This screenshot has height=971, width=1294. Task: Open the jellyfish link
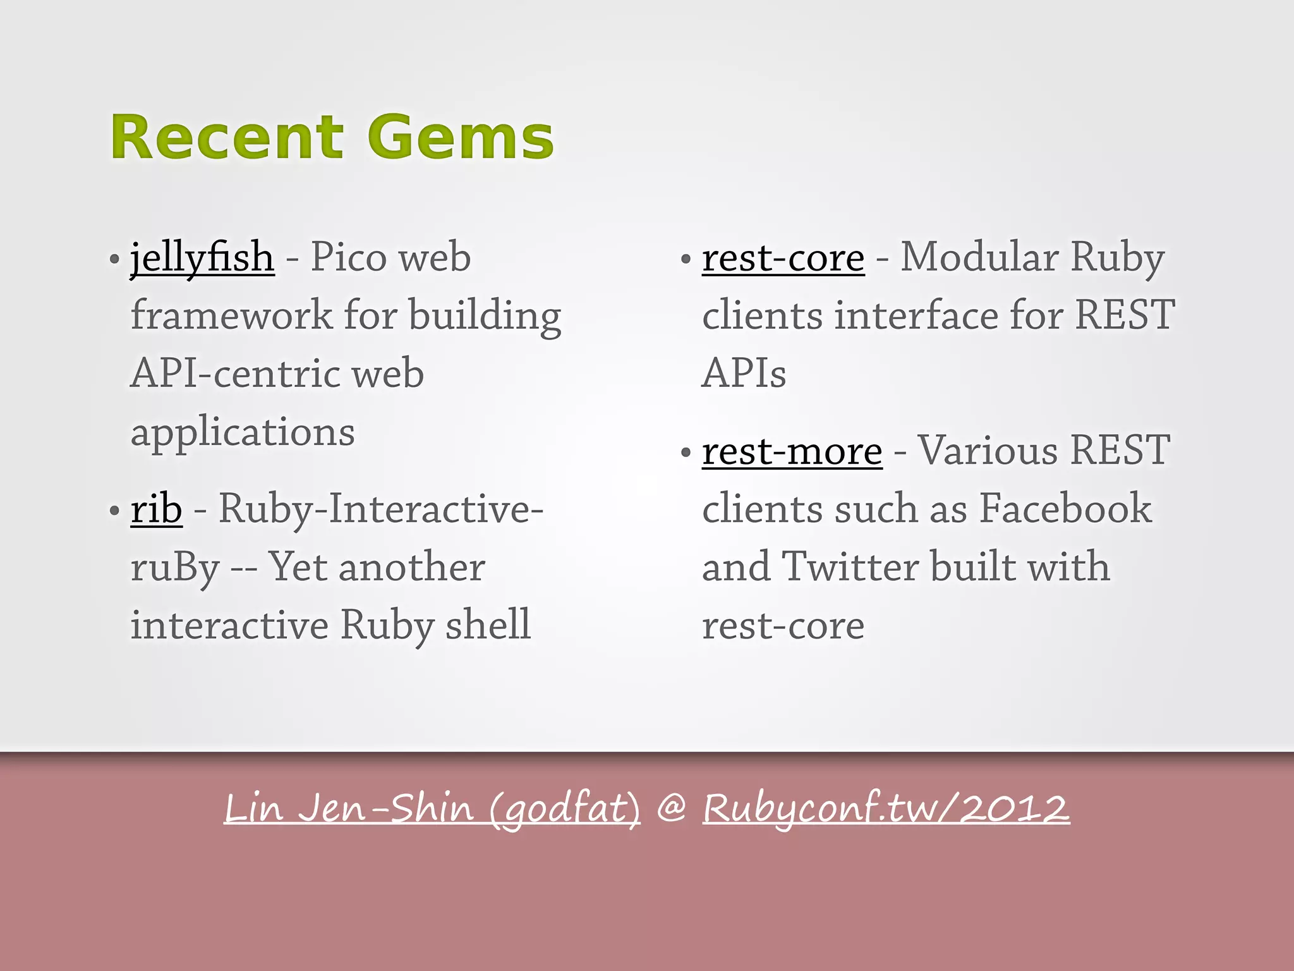(x=202, y=258)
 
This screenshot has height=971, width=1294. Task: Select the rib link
(x=156, y=509)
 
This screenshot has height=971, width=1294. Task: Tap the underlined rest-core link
(x=783, y=258)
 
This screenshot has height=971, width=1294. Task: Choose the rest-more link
(x=792, y=451)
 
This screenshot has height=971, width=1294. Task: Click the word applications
(x=243, y=432)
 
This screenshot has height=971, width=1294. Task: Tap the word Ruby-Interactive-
(x=381, y=509)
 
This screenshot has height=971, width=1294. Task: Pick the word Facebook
(x=1065, y=508)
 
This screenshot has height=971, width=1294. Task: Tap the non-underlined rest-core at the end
(x=783, y=626)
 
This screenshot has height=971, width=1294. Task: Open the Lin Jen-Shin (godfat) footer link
(x=432, y=808)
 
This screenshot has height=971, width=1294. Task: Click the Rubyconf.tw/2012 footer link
(x=886, y=808)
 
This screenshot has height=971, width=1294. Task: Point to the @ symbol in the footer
(x=671, y=809)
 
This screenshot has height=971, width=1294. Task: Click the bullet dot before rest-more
(x=686, y=453)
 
